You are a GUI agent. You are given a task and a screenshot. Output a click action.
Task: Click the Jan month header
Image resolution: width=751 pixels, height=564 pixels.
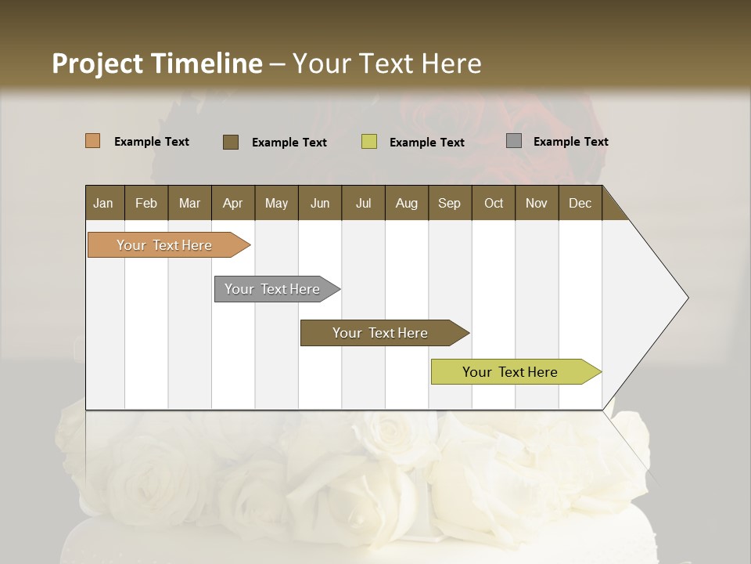(103, 203)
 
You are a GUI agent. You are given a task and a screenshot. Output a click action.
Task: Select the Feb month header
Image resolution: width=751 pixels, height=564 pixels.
(146, 203)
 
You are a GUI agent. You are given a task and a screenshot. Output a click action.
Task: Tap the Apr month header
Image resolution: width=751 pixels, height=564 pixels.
(232, 203)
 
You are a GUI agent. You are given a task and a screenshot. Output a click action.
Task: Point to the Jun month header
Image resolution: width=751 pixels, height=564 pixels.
(319, 203)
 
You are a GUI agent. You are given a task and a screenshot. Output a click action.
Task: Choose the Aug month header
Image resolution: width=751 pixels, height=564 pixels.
(406, 203)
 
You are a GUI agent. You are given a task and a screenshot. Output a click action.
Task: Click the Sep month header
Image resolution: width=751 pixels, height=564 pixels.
(449, 203)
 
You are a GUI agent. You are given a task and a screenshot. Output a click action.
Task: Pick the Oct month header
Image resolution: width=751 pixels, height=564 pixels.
(493, 203)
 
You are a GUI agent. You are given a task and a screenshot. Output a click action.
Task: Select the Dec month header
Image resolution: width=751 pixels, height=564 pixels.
(580, 203)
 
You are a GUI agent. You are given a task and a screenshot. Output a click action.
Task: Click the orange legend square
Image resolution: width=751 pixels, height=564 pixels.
(93, 141)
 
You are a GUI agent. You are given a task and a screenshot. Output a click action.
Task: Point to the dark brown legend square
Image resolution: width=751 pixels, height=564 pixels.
(231, 142)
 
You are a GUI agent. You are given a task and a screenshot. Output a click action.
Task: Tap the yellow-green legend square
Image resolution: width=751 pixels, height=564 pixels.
(369, 142)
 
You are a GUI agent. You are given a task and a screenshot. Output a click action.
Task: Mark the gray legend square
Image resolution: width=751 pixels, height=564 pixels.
(514, 141)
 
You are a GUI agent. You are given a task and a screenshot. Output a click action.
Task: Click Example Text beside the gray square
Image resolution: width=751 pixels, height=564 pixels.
(570, 142)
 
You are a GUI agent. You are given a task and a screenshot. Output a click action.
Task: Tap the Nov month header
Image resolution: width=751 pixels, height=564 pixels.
(536, 203)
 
